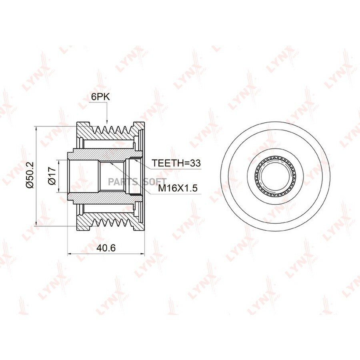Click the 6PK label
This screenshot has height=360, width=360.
(x=100, y=97)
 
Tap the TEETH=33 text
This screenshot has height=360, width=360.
(x=176, y=163)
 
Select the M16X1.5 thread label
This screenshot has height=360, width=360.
(x=178, y=188)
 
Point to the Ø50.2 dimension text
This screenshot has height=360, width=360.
(x=30, y=175)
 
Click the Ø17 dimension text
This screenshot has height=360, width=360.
(x=52, y=176)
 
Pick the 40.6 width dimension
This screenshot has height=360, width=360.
(x=106, y=248)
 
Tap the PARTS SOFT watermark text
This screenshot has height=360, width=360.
(x=137, y=182)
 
